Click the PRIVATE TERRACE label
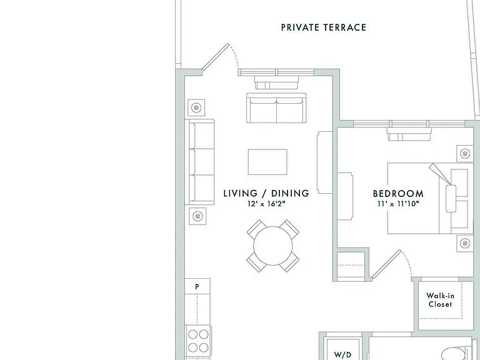tap(324, 27)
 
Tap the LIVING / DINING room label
tap(266, 194)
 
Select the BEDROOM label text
tap(398, 194)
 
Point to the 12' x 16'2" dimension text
tap(266, 204)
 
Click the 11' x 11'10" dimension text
tap(398, 204)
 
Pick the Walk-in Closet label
tap(441, 300)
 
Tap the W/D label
tap(342, 355)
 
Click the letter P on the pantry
tap(197, 287)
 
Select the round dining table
tap(272, 246)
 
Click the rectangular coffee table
tap(267, 162)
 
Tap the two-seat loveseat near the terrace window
tap(276, 108)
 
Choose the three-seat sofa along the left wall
tap(199, 162)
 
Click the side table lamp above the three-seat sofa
tap(196, 107)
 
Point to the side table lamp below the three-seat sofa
tap(197, 216)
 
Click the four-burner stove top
tap(198, 341)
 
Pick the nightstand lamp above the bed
tap(465, 153)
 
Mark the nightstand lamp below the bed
tap(465, 243)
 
